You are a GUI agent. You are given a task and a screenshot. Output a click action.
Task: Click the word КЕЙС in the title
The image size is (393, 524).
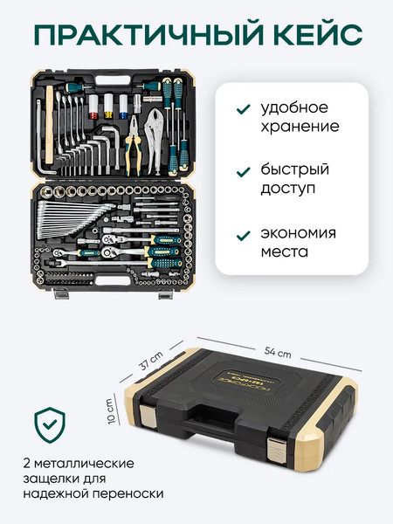coord(318,34)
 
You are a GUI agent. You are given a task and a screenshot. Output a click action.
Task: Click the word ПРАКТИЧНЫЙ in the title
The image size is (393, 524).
coord(149,34)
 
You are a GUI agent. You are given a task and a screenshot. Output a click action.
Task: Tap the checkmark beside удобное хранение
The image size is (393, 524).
coord(244,109)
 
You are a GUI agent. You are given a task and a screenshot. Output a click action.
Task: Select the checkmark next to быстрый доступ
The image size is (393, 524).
coord(244,172)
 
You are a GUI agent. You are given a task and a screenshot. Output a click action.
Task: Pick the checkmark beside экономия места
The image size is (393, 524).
coord(244,236)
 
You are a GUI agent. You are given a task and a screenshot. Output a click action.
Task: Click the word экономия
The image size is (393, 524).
coord(298,233)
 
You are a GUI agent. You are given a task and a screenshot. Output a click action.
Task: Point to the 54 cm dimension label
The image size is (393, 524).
coord(278,352)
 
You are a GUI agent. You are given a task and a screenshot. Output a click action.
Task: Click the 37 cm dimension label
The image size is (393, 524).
coord(151,360)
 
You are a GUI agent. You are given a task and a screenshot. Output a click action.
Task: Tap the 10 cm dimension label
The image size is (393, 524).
coord(111,411)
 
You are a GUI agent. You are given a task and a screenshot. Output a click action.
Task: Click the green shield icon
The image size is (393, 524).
coord(50,425)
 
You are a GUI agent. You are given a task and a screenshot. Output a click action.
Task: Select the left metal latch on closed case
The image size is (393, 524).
coord(148,416)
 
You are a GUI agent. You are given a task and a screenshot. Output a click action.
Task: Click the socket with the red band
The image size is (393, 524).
coord(93,107)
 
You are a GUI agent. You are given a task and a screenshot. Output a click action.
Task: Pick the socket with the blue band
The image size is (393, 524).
coord(123,107)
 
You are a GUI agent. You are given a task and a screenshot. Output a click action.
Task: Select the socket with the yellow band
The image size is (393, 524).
coord(108,106)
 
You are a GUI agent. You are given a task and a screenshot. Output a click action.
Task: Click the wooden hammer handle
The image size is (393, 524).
coord(49,125)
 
